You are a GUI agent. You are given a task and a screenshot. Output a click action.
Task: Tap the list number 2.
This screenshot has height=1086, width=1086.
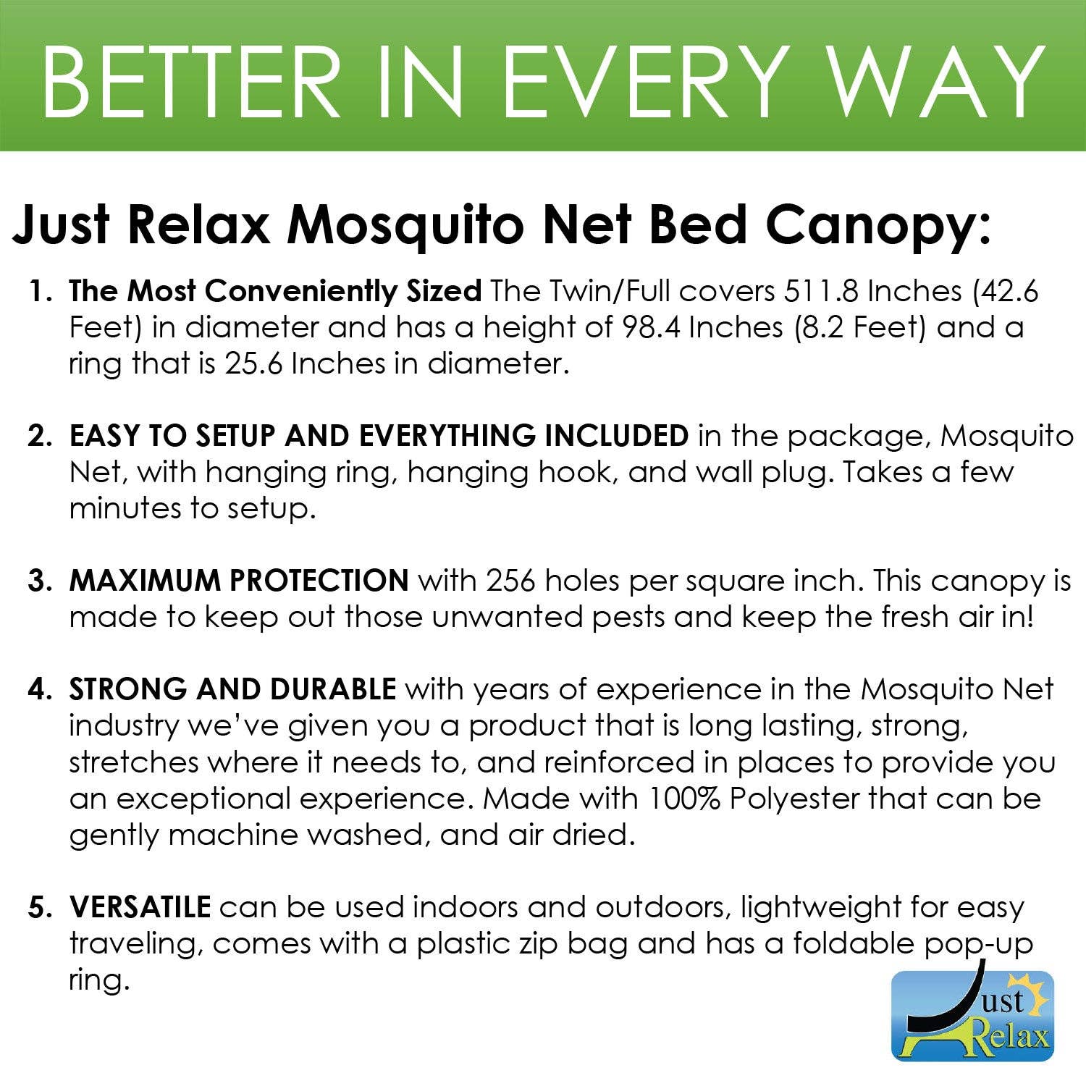(40, 437)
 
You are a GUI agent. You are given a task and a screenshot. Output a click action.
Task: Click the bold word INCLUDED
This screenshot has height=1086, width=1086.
(616, 436)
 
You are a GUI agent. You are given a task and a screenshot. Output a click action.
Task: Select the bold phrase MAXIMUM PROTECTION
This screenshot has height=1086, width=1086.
(239, 581)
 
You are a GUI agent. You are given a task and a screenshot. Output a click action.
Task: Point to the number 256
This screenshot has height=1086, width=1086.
(511, 581)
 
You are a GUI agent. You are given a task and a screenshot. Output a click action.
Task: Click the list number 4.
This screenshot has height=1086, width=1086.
(40, 690)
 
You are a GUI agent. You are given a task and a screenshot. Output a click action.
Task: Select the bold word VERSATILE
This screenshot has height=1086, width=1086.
(140, 906)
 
